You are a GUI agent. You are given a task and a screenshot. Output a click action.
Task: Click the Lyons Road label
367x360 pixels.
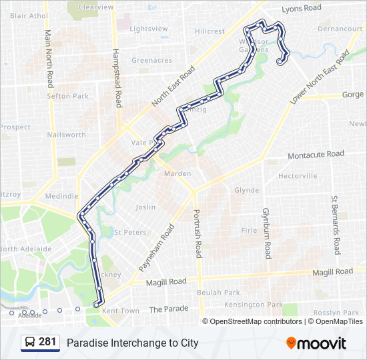tap(302, 8)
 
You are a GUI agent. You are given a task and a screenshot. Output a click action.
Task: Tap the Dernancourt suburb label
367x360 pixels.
tap(340, 29)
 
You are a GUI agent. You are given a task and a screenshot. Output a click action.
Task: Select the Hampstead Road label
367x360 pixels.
tap(117, 78)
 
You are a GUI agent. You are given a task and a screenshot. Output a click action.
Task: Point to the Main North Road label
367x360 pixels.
tap(49, 59)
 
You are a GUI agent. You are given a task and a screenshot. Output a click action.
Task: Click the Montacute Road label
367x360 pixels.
tap(316, 155)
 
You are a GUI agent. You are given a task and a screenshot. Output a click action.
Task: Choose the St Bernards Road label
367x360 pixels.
tap(336, 225)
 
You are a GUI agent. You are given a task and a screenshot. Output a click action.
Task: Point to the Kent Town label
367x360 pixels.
tap(120, 311)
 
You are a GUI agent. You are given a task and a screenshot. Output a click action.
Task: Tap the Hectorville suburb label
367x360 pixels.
tap(298, 176)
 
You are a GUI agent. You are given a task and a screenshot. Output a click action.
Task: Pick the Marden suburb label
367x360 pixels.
tap(177, 173)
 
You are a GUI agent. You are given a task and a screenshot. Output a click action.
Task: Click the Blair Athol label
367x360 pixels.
tap(29, 15)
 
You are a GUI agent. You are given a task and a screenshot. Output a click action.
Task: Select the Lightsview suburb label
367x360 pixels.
tap(149, 29)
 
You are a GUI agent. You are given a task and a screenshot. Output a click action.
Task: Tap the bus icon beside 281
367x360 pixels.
tap(30, 343)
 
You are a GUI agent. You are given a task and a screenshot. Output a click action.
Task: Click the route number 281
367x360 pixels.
tap(47, 343)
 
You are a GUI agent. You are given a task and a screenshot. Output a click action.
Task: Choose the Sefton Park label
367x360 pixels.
tap(67, 96)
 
